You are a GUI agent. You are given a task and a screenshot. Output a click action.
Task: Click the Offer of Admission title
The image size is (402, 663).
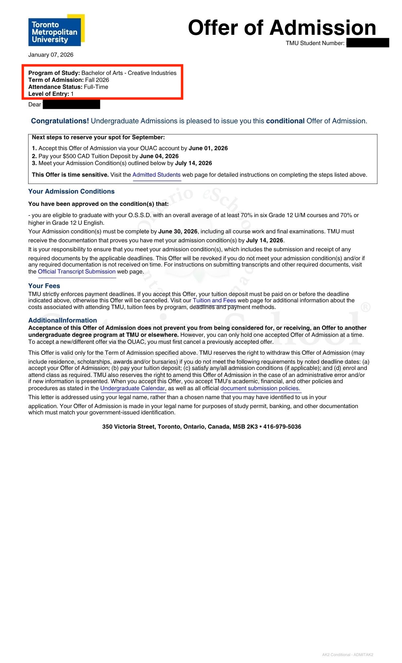click(282, 28)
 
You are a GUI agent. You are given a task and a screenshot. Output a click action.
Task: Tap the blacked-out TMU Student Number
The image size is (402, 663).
click(368, 43)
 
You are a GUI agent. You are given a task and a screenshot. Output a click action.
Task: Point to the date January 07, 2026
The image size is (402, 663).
click(51, 55)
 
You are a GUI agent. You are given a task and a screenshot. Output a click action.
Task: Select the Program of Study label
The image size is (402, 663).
click(54, 73)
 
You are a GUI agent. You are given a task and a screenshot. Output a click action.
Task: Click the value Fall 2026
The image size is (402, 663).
click(97, 80)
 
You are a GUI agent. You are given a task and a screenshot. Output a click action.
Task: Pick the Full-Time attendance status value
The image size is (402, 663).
click(96, 87)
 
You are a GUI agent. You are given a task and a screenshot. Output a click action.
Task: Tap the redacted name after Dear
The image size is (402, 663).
click(71, 105)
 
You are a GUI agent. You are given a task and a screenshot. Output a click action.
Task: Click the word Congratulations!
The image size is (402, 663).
click(60, 121)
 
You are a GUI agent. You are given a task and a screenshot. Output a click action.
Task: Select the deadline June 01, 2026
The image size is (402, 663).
click(208, 148)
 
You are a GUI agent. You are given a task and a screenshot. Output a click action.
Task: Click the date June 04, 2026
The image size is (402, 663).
click(159, 156)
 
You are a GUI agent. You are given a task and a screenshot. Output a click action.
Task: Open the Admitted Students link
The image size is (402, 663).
click(156, 175)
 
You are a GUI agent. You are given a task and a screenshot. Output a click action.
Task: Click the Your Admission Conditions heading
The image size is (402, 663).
click(71, 191)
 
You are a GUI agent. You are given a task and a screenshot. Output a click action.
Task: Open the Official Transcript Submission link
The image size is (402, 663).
click(76, 271)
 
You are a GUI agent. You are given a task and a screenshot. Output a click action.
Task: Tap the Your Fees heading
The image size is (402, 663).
click(44, 286)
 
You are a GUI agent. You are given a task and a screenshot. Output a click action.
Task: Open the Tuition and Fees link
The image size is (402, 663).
click(214, 300)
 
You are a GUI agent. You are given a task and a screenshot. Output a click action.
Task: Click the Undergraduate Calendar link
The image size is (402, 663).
click(132, 388)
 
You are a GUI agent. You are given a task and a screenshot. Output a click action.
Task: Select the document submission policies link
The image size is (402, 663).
click(260, 388)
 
